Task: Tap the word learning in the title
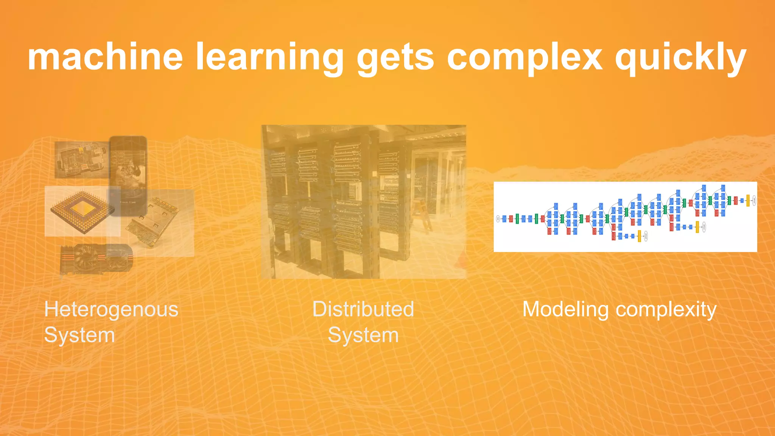(269, 58)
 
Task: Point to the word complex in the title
(524, 58)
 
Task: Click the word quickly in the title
(680, 58)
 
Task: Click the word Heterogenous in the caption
(111, 310)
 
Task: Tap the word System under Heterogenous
(79, 335)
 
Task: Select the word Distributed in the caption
(363, 309)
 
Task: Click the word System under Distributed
(363, 335)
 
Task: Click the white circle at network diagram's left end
(498, 219)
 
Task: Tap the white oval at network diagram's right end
(754, 200)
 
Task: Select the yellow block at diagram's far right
(748, 201)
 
